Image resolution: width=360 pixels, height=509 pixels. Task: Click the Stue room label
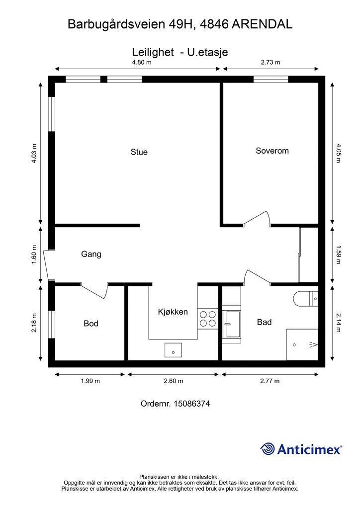pyautogui.click(x=139, y=152)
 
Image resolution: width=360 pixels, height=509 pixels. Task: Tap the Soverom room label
pyautogui.click(x=272, y=151)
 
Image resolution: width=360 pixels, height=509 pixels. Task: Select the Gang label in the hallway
pyautogui.click(x=91, y=254)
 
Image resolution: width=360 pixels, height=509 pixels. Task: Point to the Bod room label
pyautogui.click(x=91, y=323)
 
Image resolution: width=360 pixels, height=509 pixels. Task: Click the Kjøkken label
pyautogui.click(x=173, y=312)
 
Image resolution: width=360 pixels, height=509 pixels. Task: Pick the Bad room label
pyautogui.click(x=264, y=322)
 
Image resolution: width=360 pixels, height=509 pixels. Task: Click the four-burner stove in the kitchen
pyautogui.click(x=208, y=319)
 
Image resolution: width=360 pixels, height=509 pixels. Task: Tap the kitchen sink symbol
pyautogui.click(x=173, y=350)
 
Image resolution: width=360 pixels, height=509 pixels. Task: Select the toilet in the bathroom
pyautogui.click(x=305, y=299)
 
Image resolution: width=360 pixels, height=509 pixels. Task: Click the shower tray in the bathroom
pyautogui.click(x=302, y=344)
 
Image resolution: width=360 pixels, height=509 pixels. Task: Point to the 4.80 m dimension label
pyautogui.click(x=142, y=62)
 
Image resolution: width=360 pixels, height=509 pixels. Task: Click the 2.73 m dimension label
pyautogui.click(x=270, y=62)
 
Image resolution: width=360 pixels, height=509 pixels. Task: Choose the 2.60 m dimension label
pyautogui.click(x=174, y=381)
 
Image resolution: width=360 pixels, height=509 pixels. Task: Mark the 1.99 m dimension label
pyautogui.click(x=90, y=381)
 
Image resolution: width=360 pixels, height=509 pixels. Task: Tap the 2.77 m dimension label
pyautogui.click(x=270, y=381)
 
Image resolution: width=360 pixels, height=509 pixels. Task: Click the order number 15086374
pyautogui.click(x=192, y=404)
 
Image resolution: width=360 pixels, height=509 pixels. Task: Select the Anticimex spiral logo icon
pyautogui.click(x=268, y=449)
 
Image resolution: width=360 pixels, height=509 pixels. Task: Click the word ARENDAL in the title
pyautogui.click(x=262, y=24)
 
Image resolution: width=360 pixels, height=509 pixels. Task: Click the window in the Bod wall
pyautogui.click(x=52, y=324)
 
